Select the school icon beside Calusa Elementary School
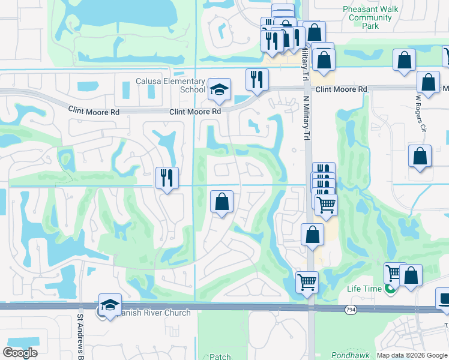[220, 90]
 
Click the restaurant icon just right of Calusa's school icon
[257, 80]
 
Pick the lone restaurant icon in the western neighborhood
[166, 178]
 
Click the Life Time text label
[364, 289]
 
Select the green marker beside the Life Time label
[390, 289]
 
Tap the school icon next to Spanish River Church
[110, 305]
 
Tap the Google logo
[20, 353]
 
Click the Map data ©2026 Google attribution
[411, 355]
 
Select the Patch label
[220, 356]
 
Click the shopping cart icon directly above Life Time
[394, 274]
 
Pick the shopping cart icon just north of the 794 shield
[307, 281]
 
